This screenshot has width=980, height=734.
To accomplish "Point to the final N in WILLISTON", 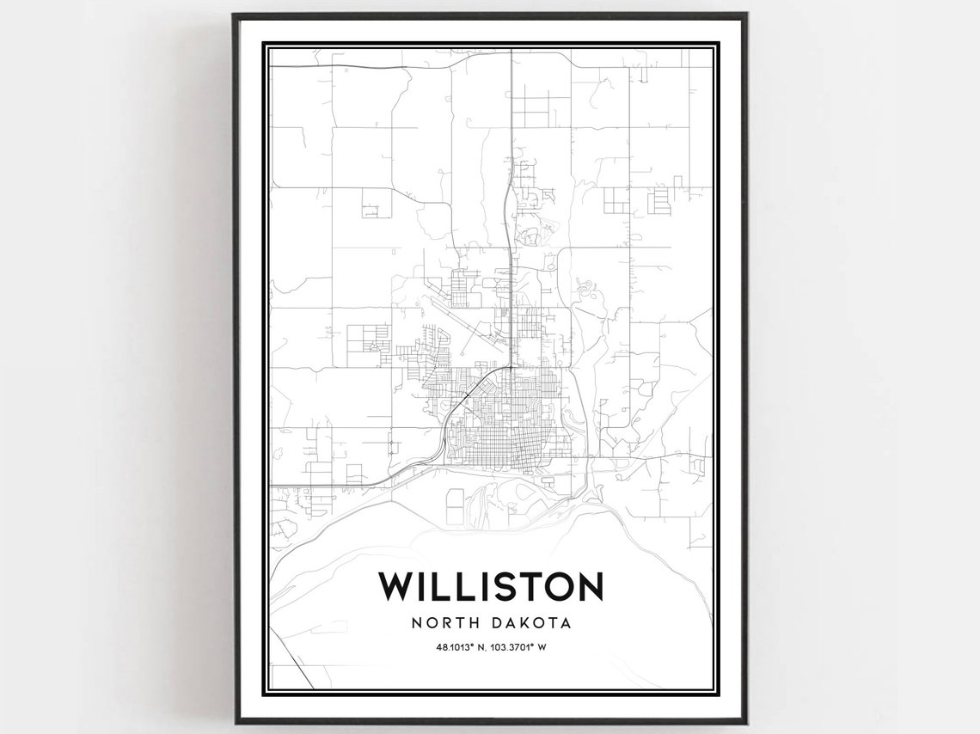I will point(590,586).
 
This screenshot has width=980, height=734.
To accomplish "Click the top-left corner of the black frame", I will point(234,15).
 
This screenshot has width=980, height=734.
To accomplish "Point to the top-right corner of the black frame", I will point(745,15).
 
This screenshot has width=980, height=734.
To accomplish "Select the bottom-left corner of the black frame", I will point(234,721).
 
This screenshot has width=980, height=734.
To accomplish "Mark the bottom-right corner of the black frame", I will point(745,721).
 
